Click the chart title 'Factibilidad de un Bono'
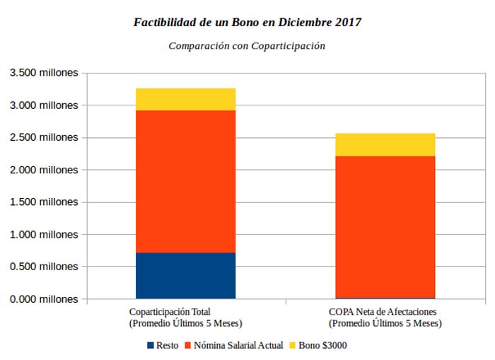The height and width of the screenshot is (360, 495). [x=247, y=23]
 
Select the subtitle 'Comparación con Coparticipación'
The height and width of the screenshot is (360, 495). [x=247, y=46]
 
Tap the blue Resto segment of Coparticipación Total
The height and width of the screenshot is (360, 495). [x=185, y=275]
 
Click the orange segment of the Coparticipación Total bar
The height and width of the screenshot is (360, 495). [x=185, y=181]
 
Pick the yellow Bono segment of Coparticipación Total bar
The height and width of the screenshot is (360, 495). [x=185, y=100]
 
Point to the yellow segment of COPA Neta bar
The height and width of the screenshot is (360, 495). [x=385, y=144]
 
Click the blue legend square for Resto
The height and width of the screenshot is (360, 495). [x=150, y=345]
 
